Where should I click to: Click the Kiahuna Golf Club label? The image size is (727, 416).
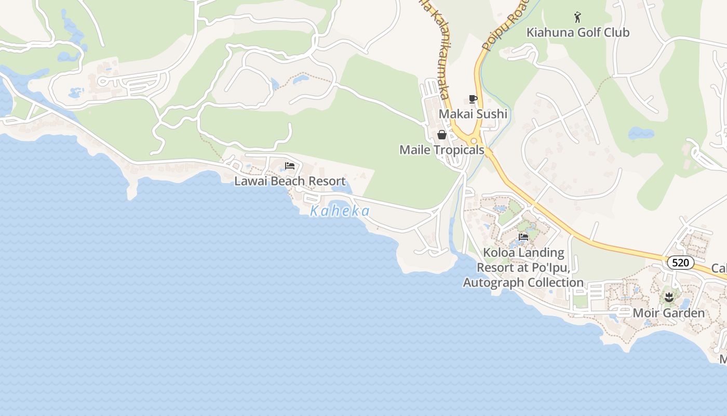(x=577, y=32)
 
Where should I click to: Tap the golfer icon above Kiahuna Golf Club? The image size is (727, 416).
(x=577, y=18)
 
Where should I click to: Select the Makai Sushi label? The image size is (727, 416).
(x=473, y=114)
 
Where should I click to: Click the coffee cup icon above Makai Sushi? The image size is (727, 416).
(x=473, y=99)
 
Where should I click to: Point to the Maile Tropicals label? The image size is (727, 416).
(x=441, y=150)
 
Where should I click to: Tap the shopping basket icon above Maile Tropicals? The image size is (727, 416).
(x=442, y=135)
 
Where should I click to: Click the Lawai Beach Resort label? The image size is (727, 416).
(x=290, y=181)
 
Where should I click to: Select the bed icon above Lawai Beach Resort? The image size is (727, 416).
(x=290, y=166)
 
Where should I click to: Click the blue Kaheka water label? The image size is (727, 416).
(x=340, y=211)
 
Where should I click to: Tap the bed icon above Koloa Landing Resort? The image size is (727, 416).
(x=523, y=237)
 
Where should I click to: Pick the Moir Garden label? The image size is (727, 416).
(x=668, y=313)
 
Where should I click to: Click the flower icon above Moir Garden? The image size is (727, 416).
(x=668, y=298)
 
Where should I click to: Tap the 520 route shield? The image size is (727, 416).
(x=680, y=263)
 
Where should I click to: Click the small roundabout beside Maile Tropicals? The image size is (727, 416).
(x=474, y=140)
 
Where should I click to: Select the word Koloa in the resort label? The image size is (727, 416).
(x=500, y=253)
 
